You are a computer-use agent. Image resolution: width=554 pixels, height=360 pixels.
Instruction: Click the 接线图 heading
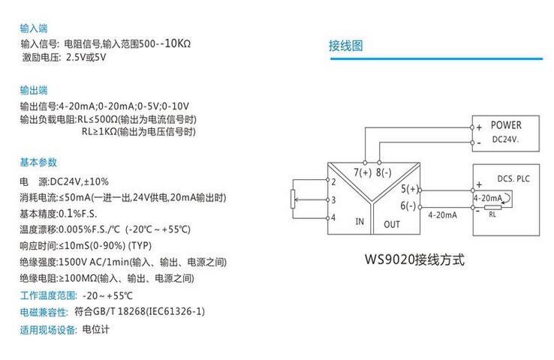pyautogui.click(x=345, y=46)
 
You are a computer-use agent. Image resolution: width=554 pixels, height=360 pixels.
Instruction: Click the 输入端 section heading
pyautogui.click(x=35, y=28)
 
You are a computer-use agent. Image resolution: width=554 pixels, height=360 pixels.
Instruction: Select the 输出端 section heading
pyautogui.click(x=35, y=91)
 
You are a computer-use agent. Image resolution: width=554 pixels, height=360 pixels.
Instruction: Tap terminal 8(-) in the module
pyautogui.click(x=383, y=172)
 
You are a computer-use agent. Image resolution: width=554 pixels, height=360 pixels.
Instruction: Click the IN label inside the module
pyautogui.click(x=360, y=221)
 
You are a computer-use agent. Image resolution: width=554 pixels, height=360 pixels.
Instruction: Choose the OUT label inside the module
pyautogui.click(x=392, y=223)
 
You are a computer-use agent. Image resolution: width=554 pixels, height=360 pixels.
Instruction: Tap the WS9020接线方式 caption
pyautogui.click(x=415, y=260)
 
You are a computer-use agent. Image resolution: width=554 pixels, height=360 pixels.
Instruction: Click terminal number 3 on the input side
pyautogui.click(x=332, y=199)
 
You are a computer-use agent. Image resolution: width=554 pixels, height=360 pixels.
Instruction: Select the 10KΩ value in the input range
pyautogui.click(x=176, y=43)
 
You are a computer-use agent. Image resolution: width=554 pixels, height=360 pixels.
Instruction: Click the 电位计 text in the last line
pyautogui.click(x=95, y=329)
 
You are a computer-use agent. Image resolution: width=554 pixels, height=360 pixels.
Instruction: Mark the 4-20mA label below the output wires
pyautogui.click(x=442, y=214)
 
